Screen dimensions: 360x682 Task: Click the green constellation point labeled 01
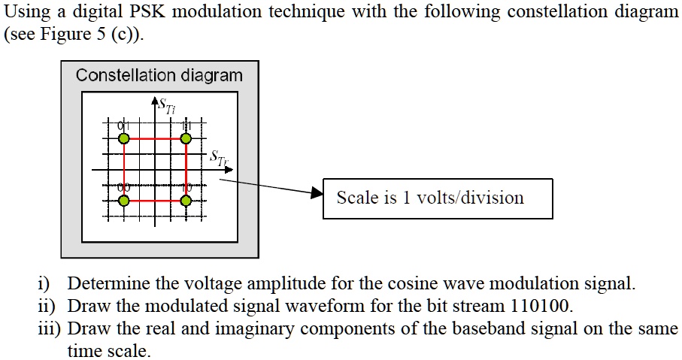[124, 138]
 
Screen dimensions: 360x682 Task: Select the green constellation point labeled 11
[186, 138]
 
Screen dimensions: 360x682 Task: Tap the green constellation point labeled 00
[124, 201]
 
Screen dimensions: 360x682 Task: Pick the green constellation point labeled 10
[186, 201]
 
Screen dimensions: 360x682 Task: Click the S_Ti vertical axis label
[165, 106]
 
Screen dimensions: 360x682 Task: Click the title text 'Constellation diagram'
[159, 76]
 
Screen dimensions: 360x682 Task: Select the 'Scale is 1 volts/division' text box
[438, 198]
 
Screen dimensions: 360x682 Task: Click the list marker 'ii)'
[47, 307]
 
